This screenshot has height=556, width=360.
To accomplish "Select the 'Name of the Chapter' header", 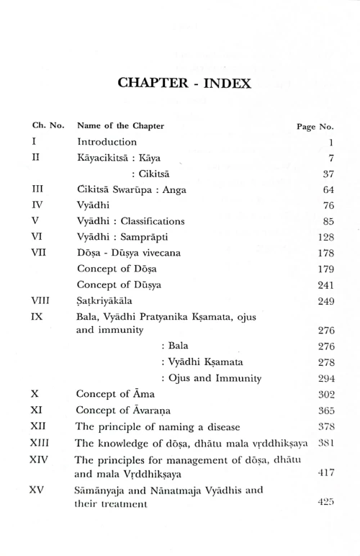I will pos(120,126).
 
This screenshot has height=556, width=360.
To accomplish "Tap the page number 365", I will pos(325,411).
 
